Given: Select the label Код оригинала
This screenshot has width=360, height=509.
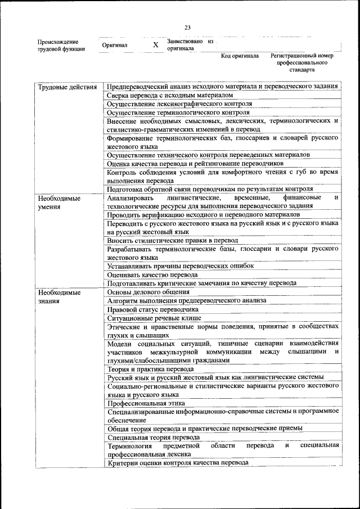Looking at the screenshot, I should point(240,56).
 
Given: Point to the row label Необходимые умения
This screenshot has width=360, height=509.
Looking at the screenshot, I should point(59,202).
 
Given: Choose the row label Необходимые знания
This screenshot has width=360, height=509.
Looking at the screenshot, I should point(59,296).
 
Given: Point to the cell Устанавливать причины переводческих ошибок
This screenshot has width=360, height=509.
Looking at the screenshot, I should point(180,265).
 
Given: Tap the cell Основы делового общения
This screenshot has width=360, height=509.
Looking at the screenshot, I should point(148,292).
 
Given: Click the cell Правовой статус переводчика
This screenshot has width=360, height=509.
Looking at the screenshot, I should point(152,309).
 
